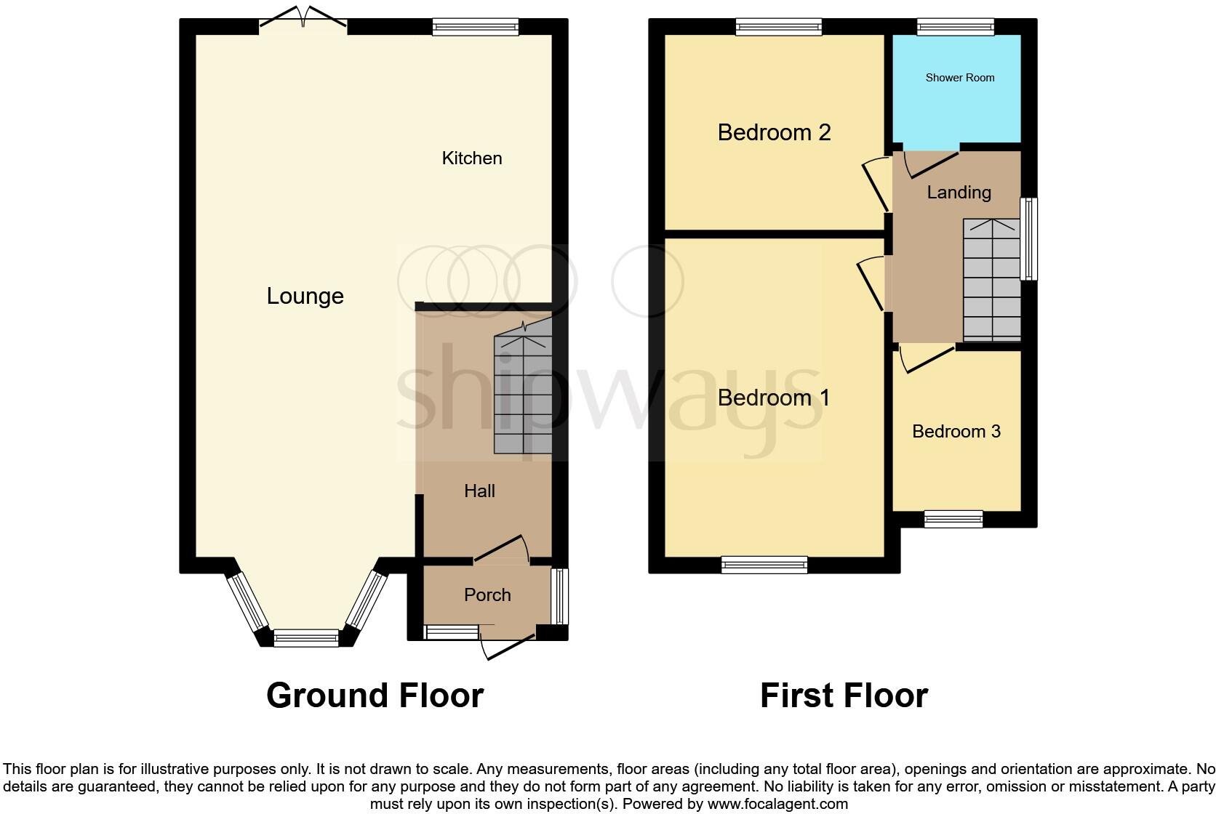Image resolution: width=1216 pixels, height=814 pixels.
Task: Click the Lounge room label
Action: coord(305,296)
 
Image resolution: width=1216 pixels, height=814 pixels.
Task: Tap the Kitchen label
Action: coord(471,158)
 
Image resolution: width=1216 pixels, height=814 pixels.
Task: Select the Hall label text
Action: coord(479,491)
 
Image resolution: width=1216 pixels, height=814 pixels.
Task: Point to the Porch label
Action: coord(487,595)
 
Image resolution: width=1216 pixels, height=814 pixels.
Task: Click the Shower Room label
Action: coord(959,78)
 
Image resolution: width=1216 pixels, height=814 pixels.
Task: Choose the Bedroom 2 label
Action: coord(774,132)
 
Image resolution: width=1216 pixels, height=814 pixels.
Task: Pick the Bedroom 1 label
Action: coord(774,398)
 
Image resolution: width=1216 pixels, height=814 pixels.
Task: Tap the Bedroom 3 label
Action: coord(956,432)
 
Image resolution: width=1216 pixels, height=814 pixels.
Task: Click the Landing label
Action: coord(959,193)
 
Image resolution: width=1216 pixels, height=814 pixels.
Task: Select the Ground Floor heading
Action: coord(375,696)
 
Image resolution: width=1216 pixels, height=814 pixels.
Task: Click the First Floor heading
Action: coord(844,696)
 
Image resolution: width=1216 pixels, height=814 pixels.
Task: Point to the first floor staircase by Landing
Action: coord(991,280)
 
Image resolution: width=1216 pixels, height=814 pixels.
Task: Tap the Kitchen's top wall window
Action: coord(476,28)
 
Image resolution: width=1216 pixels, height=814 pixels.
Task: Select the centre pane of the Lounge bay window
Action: coord(305,638)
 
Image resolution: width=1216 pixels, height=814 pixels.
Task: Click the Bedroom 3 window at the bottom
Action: coord(953,519)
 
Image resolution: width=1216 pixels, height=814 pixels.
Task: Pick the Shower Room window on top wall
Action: coord(955,28)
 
